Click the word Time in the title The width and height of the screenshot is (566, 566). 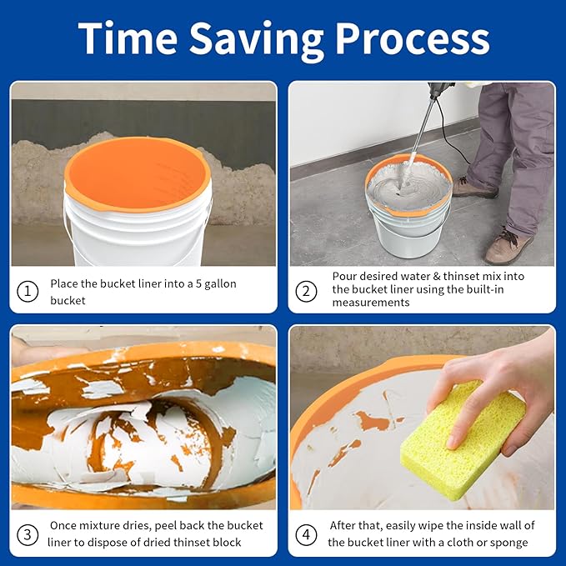pyautogui.click(x=126, y=38)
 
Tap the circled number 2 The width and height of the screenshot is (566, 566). pyautogui.click(x=307, y=291)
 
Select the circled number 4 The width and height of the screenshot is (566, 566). pyautogui.click(x=307, y=533)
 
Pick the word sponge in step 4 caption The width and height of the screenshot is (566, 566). pyautogui.click(x=510, y=542)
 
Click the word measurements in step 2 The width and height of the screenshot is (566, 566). pyautogui.click(x=371, y=303)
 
